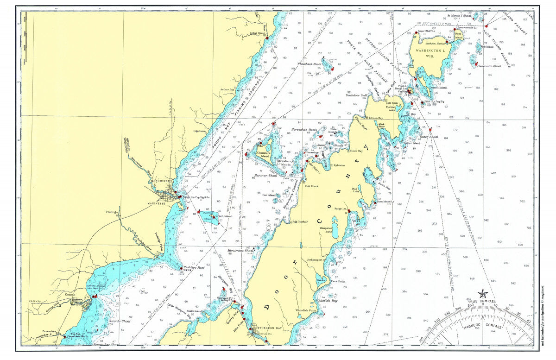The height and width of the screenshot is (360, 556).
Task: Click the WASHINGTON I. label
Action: [430, 52]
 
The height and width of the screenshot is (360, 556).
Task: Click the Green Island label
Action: [224, 216]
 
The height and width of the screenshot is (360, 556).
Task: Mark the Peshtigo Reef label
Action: [195, 268]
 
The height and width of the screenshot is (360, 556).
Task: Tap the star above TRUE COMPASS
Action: [482, 293]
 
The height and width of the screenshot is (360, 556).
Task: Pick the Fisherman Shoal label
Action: [490, 66]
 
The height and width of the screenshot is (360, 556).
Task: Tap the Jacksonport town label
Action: [315, 260]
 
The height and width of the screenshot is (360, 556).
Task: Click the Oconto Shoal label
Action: [120, 321]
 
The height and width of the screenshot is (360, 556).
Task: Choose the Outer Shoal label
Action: [429, 137]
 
